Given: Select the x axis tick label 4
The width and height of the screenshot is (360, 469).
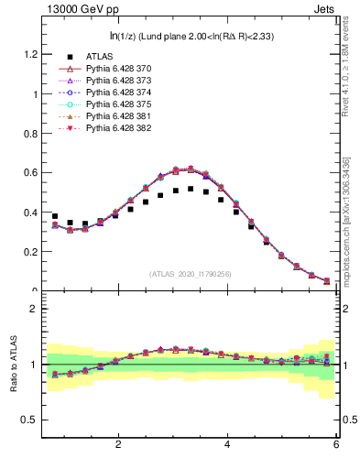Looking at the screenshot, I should coord(226,444).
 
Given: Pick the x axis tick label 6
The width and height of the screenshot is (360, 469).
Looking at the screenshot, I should coord(335,444).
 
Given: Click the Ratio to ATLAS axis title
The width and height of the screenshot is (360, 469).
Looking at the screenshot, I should coord(14,364).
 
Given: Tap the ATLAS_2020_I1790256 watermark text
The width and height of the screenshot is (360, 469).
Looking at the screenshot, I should coord(191,274).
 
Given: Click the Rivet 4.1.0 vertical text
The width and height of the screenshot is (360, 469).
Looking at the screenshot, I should coord(345,69).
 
